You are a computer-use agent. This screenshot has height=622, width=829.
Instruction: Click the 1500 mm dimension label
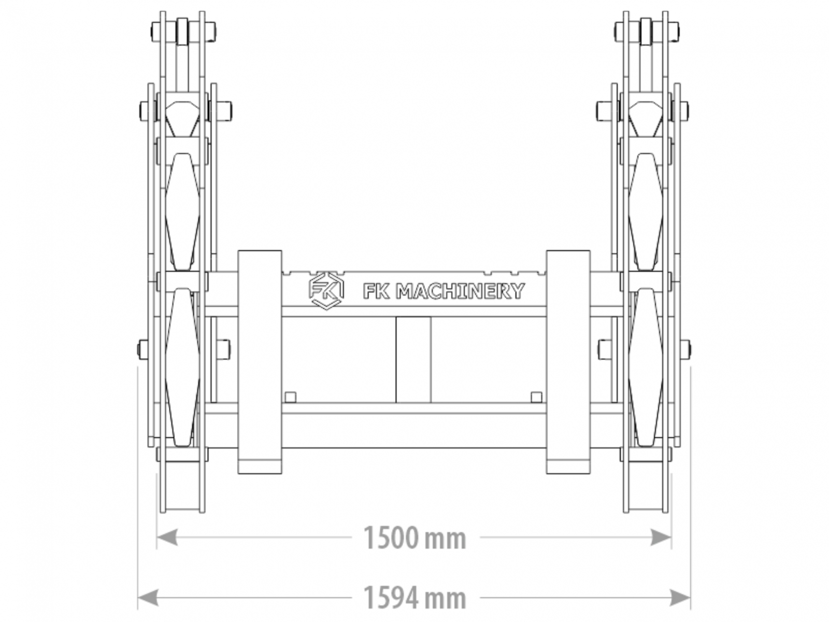point(414,538)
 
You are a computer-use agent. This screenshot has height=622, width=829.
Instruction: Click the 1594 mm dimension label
point(414,598)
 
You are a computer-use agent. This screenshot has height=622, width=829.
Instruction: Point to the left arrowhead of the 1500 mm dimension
point(167,537)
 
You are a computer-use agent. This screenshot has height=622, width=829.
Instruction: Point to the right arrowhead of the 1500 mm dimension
point(661,537)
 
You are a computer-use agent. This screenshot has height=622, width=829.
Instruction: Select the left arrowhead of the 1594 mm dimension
point(148,598)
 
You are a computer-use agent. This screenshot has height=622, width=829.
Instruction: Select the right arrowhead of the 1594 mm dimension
point(679,598)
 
